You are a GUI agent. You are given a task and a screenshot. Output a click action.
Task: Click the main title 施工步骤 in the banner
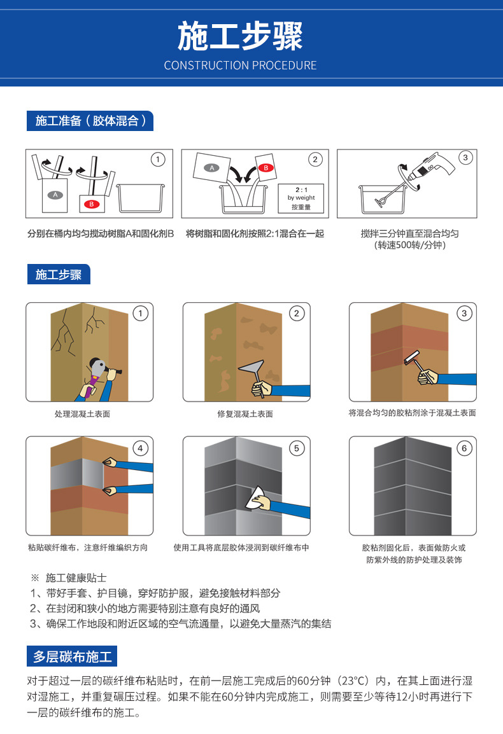pyautogui.click(x=240, y=36)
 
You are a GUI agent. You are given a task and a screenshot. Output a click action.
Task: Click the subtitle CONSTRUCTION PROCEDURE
pyautogui.click(x=240, y=66)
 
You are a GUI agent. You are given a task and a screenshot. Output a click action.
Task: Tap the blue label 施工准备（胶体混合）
pyautogui.click(x=90, y=121)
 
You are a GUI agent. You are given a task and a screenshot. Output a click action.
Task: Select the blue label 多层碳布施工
pyautogui.click(x=72, y=655)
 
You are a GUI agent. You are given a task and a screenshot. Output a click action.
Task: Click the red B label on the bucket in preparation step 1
pyautogui.click(x=91, y=204)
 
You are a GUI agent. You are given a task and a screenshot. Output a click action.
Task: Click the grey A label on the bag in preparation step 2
pyautogui.click(x=212, y=168)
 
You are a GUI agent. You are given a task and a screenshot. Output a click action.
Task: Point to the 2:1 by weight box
pyautogui.click(x=301, y=198)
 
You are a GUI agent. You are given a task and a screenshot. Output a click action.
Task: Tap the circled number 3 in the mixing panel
pyautogui.click(x=465, y=158)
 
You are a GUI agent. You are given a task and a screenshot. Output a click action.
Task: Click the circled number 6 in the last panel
pyautogui.click(x=464, y=448)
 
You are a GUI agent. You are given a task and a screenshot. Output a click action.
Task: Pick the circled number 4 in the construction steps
pyautogui.click(x=141, y=448)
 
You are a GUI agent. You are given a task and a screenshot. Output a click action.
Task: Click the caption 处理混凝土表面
pyautogui.click(x=82, y=414)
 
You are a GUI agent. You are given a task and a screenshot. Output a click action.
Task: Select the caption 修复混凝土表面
pyautogui.click(x=245, y=414)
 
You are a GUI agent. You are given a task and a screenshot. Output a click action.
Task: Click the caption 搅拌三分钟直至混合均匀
pyautogui.click(x=409, y=233)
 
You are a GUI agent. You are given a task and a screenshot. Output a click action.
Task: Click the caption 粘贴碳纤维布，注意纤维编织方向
pyautogui.click(x=88, y=548)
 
